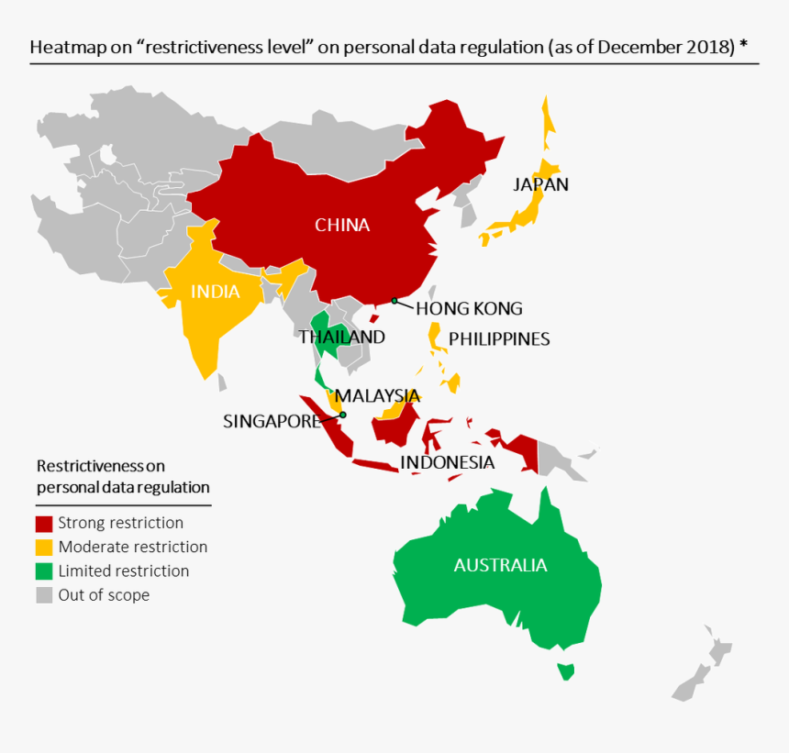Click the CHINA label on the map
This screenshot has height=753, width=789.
342,225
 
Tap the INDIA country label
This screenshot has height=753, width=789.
215,293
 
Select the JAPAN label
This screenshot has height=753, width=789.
540,184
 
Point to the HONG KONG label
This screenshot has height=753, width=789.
469,308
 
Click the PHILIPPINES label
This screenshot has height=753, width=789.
499,339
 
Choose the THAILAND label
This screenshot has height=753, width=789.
341,337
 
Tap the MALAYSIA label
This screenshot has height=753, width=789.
377,396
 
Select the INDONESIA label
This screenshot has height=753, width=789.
447,462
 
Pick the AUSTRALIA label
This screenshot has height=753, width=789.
500,565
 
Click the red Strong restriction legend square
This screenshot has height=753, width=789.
44,524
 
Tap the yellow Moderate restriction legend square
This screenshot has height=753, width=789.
44,548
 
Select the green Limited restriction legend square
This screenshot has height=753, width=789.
44,571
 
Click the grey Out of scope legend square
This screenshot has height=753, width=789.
44,595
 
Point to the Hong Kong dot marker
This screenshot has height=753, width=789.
394,301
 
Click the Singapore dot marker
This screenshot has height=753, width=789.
342,415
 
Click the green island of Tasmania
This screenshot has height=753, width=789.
566,671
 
